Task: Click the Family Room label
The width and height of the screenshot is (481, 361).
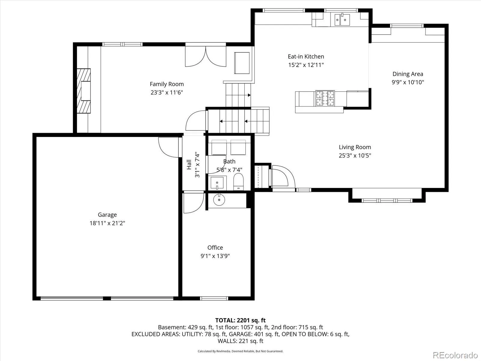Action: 167,84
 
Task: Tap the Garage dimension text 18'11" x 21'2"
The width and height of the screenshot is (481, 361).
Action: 107,223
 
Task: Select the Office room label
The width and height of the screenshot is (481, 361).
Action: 215,248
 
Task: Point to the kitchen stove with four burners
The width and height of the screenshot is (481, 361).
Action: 325,98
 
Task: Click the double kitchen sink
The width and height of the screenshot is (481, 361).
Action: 342,20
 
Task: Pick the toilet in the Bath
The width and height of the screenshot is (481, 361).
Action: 238,181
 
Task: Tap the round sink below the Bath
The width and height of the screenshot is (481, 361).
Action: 219,199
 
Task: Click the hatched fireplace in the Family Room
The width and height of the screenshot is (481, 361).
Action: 84,91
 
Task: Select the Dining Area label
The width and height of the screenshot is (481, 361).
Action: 408,74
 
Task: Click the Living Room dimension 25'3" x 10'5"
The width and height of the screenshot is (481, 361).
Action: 355,156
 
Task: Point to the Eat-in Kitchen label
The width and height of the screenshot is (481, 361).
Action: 306,56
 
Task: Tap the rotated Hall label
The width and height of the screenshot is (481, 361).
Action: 189,164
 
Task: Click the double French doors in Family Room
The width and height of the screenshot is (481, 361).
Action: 206,56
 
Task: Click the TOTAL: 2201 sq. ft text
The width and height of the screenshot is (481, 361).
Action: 240,320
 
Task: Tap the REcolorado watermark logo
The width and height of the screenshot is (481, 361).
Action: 455,355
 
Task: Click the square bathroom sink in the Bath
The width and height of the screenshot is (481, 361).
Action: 217,183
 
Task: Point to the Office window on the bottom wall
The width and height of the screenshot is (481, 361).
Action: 214,298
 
